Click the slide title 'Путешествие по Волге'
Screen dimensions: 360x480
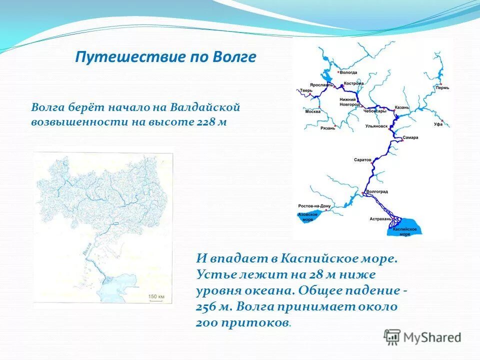tap(165, 57)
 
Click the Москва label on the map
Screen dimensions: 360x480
tap(312, 111)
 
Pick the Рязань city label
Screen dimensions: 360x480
tap(327, 128)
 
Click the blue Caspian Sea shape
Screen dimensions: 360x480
tap(407, 226)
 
